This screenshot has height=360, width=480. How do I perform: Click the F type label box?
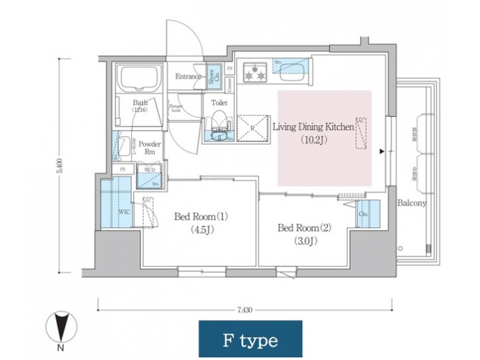coord(250,339)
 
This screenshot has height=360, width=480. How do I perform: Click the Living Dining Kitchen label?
coord(312,125)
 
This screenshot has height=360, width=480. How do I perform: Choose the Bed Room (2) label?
coord(304,227)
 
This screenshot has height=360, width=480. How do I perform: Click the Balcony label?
coord(411,203)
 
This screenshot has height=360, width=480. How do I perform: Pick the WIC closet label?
coord(124,211)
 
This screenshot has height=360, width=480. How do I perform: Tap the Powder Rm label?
coord(149,147)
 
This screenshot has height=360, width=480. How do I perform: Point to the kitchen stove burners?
coord(254,73)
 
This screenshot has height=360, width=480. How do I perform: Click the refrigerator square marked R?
coord(252,128)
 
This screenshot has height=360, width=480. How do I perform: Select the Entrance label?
coord(189,77)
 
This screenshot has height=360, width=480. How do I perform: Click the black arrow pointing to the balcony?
coord(381,151)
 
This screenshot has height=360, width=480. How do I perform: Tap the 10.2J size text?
coord(312,141)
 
